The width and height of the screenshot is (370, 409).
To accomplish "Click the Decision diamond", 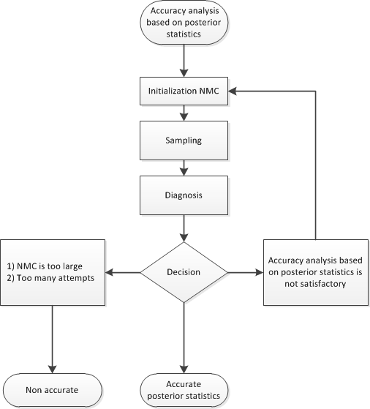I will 184,273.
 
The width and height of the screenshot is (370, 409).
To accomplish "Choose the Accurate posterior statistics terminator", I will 184,390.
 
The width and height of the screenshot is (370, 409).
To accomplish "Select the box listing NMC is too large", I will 53,273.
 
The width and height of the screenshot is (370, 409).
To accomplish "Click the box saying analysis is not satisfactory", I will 314,273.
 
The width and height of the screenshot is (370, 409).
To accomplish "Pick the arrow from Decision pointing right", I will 245,273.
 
